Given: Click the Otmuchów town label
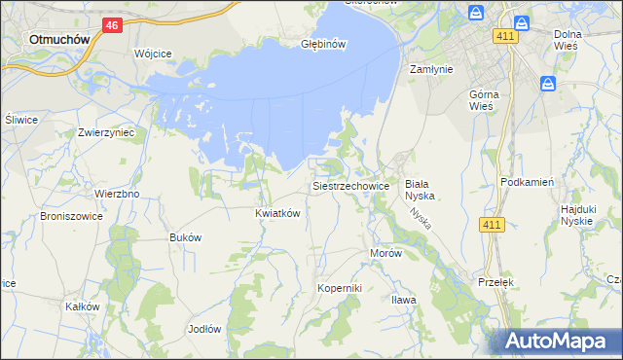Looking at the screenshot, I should click(60, 40).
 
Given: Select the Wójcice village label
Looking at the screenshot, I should click(153, 53).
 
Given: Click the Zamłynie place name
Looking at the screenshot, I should click(432, 69).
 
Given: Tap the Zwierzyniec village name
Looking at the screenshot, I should click(105, 131).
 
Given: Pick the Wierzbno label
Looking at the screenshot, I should click(117, 194).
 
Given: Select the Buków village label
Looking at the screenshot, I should click(185, 237).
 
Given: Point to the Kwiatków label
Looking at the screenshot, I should click(276, 213).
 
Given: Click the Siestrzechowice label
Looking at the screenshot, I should click(350, 185).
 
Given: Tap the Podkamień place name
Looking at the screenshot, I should click(527, 182).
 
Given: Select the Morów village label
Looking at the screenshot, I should click(385, 253).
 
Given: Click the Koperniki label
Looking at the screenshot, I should click(340, 289).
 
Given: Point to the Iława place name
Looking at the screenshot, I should click(403, 299).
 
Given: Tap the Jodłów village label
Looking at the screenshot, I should click(204, 328).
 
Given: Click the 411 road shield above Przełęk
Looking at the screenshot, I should click(492, 226).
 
